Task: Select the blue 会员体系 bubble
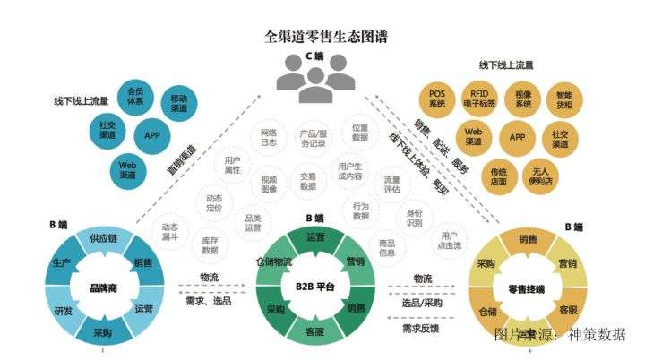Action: (136, 97)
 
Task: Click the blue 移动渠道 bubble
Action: (180, 101)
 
